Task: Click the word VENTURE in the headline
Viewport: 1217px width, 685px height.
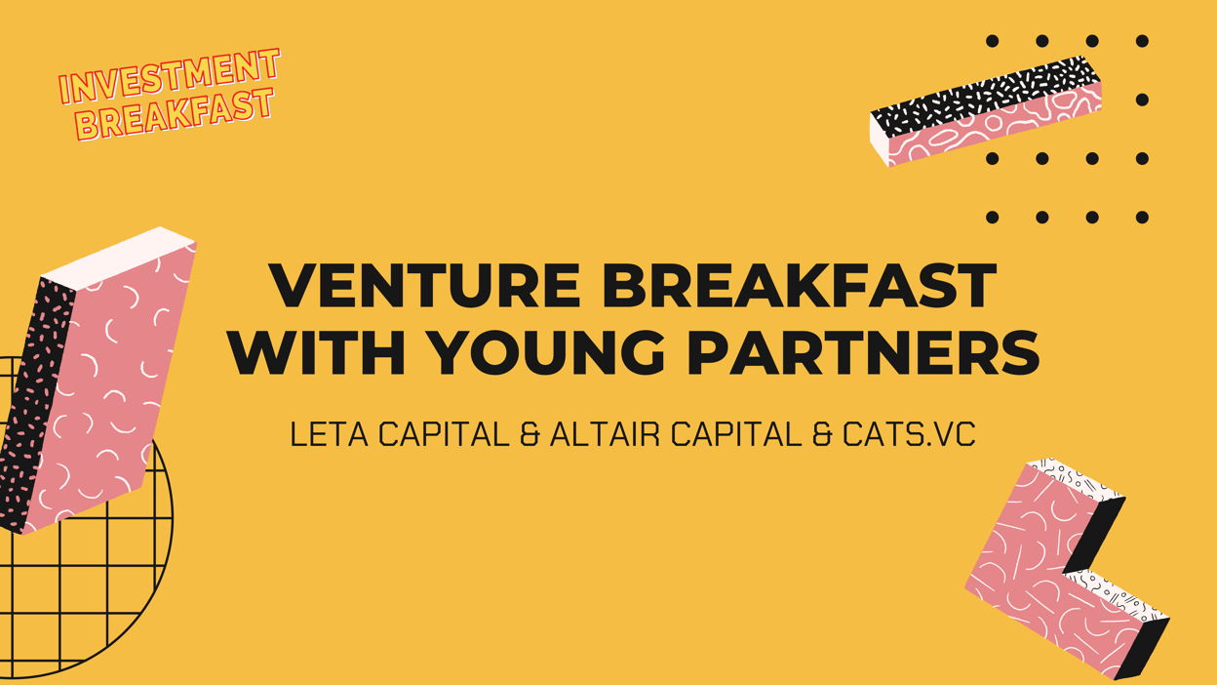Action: (x=425, y=286)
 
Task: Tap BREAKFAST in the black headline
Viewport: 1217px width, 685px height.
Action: (x=800, y=286)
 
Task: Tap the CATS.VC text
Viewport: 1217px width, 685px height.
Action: (x=909, y=434)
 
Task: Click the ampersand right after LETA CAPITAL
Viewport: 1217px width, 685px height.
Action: (x=530, y=434)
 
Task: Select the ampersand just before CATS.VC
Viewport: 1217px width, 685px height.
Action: (x=823, y=434)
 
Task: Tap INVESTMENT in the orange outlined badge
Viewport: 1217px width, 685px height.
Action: (x=170, y=75)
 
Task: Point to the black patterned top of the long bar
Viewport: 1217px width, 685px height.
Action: (x=982, y=97)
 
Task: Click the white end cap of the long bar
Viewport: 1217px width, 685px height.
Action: (x=879, y=140)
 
